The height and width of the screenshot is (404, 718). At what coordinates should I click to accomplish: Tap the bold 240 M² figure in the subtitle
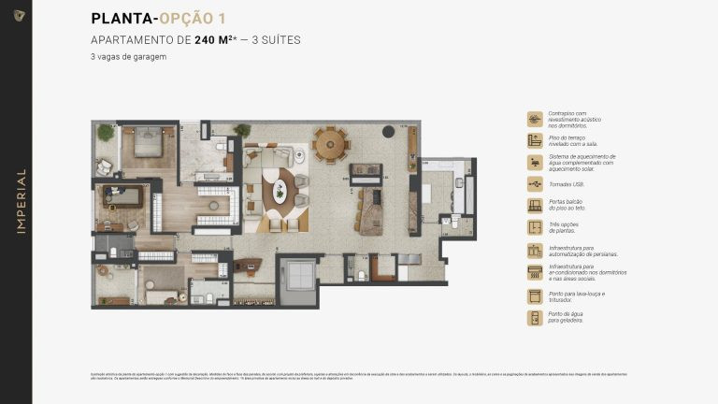212,40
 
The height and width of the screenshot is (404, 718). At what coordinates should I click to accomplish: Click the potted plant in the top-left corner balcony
105,134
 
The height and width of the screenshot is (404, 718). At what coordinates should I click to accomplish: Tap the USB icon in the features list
535,184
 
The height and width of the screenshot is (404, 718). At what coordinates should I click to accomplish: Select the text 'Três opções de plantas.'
564,227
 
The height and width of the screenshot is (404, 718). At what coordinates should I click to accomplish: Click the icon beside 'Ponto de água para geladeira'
535,318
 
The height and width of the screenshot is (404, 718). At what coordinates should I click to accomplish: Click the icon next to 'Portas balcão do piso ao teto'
535,206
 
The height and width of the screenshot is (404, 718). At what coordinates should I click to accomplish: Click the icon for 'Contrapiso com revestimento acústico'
535,119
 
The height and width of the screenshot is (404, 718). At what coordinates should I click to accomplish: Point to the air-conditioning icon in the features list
535,272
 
